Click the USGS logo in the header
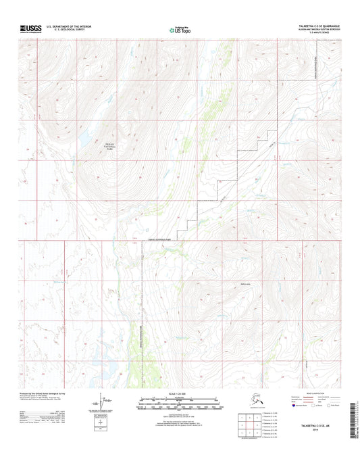[x=31, y=28]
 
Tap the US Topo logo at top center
[x=180, y=29]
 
